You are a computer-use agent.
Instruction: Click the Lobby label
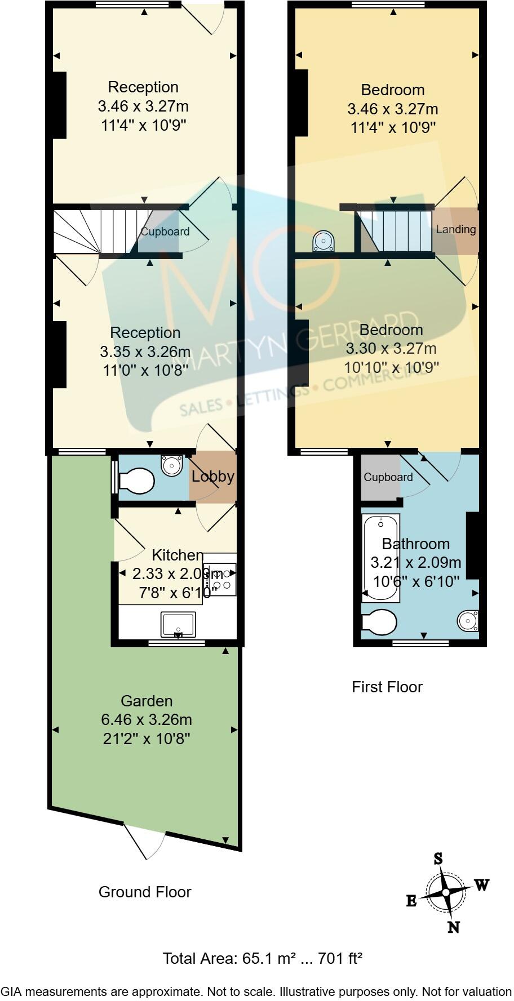212,477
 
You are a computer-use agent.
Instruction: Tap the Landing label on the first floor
455,229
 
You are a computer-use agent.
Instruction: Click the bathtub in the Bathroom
382,555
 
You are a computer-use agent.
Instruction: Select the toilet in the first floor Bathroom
379,622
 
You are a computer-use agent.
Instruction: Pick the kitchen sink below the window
178,624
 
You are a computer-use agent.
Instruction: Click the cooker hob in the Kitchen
220,579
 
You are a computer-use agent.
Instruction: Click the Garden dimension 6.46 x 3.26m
146,720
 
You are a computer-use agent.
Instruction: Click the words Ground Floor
145,892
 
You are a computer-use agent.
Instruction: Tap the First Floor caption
387,687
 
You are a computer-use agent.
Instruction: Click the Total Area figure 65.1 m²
269,958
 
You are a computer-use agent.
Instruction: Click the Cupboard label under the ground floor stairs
165,232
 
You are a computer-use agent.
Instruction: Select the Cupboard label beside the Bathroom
388,477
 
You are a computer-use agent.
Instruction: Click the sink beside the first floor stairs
324,241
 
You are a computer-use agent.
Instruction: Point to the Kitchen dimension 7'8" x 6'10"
174,592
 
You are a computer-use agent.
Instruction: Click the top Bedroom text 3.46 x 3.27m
392,109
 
